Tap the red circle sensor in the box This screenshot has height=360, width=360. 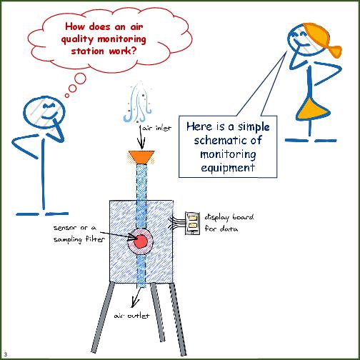[x=140, y=241]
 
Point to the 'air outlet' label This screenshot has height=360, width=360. [x=132, y=315]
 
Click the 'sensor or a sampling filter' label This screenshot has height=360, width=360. [x=79, y=234]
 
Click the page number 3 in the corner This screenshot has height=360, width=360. [x=5, y=354]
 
